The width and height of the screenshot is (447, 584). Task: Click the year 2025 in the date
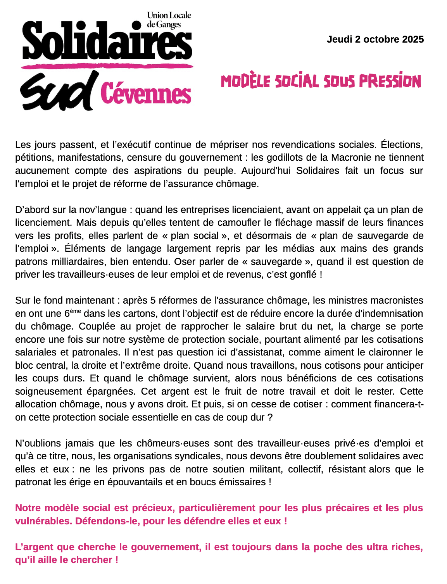[413, 40]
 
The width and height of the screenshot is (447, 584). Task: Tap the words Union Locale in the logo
[169, 15]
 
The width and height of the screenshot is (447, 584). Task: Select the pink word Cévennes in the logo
[146, 94]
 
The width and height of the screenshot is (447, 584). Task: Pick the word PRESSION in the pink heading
[390, 81]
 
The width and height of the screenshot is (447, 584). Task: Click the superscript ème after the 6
[76, 311]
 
